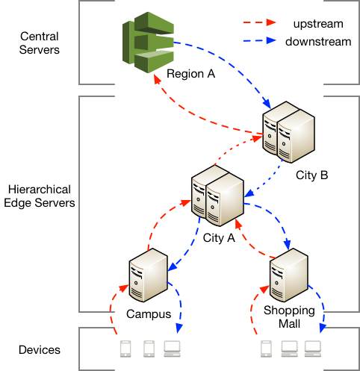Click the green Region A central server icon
pyautogui.click(x=148, y=43)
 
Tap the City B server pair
pyautogui.click(x=289, y=132)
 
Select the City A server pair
pyautogui.click(x=217, y=196)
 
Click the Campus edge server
pyautogui.click(x=149, y=275)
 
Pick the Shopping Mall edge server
pyautogui.click(x=289, y=275)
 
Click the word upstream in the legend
pyautogui.click(x=318, y=24)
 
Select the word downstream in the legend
pyautogui.click(x=318, y=42)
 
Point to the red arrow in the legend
pyautogui.click(x=259, y=22)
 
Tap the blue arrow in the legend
pyautogui.click(x=259, y=40)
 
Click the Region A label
pyautogui.click(x=190, y=74)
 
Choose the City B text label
pyautogui.click(x=311, y=175)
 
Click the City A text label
pyautogui.click(x=219, y=238)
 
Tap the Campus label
pyautogui.click(x=149, y=314)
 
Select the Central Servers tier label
pyautogui.click(x=40, y=43)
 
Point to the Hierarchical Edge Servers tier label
pyautogui.click(x=40, y=196)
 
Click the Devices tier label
pyautogui.click(x=40, y=350)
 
